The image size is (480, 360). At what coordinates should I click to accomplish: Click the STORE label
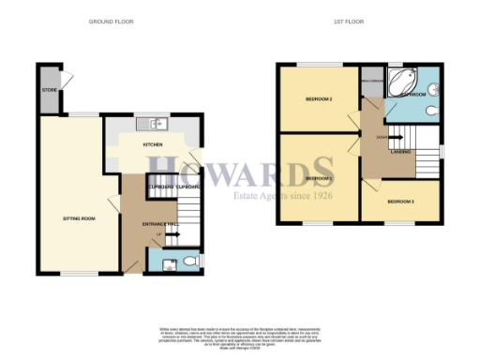[49, 91]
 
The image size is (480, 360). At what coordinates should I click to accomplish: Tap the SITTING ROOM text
[79, 217]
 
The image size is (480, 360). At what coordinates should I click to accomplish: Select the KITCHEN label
[153, 145]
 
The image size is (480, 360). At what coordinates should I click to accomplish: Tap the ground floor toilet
[187, 261]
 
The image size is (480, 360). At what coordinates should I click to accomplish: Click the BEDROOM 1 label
[319, 177]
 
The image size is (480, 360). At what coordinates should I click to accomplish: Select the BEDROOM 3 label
[401, 201]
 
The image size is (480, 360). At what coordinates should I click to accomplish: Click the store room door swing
[66, 77]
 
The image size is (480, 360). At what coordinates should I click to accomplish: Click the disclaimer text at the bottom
[239, 337]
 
